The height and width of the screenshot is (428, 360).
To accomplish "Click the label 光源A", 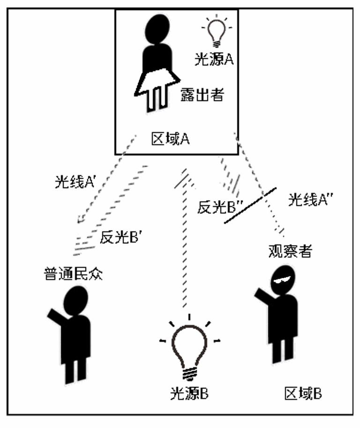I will (x=214, y=59).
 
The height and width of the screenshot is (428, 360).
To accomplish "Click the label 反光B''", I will (x=216, y=207).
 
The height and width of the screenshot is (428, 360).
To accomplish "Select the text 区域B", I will (x=303, y=393).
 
